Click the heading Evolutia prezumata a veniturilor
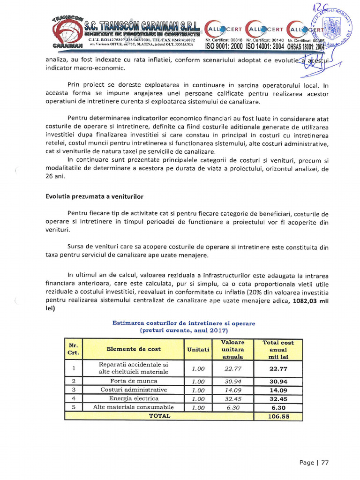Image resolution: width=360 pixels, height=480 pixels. tap(94, 195)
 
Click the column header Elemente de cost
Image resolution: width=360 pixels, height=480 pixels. tap(133, 349)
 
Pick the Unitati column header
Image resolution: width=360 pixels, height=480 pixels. tap(198, 349)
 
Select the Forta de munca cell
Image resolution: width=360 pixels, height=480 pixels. tap(133, 381)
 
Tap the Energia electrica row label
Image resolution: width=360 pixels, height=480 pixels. tap(133, 398)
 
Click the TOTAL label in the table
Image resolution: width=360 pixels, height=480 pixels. tap(159, 416)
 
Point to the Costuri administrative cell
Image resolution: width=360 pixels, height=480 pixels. tap(133, 390)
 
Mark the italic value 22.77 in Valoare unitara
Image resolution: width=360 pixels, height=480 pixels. tap(232, 368)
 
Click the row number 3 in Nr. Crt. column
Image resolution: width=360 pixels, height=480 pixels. tap(74, 390)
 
